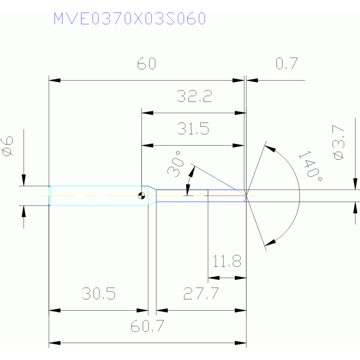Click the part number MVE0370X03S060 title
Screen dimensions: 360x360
(130, 19)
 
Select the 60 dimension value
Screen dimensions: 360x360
(146, 63)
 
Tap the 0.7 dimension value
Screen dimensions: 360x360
(287, 63)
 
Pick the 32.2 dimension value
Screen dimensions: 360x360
(194, 96)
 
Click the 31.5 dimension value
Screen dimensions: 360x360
(193, 129)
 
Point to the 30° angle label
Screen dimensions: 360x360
(176, 164)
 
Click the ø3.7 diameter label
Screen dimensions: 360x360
(338, 142)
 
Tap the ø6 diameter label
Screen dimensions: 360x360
(7, 146)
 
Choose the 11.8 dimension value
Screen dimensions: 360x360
(227, 261)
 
